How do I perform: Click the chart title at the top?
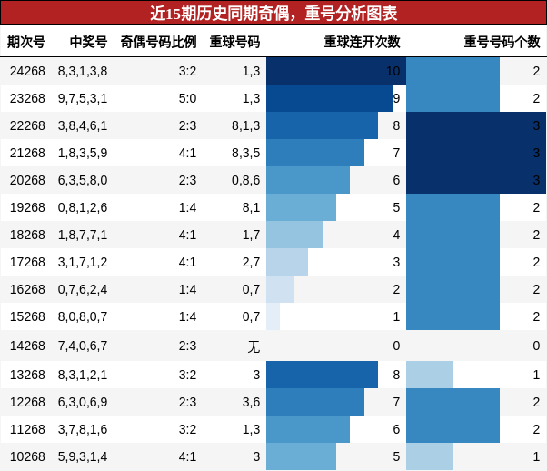(273, 13)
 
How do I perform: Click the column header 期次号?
(26, 42)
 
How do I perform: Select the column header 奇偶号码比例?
(158, 42)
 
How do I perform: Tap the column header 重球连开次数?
(362, 42)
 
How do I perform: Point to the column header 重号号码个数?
(502, 42)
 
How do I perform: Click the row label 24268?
(27, 71)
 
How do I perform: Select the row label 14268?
(27, 346)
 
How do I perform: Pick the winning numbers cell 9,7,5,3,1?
(83, 98)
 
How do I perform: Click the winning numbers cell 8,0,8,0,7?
(83, 316)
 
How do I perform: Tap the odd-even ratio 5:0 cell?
(187, 98)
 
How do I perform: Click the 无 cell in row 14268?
(254, 346)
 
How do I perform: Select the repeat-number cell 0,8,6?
(245, 180)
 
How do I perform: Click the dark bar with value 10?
(335, 71)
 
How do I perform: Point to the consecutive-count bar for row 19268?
(301, 207)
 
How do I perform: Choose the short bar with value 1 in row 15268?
(273, 316)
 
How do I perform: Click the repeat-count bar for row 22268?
(475, 125)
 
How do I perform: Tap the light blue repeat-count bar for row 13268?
(429, 375)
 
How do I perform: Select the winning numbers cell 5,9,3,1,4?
(83, 456)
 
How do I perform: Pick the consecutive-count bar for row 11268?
(308, 429)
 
